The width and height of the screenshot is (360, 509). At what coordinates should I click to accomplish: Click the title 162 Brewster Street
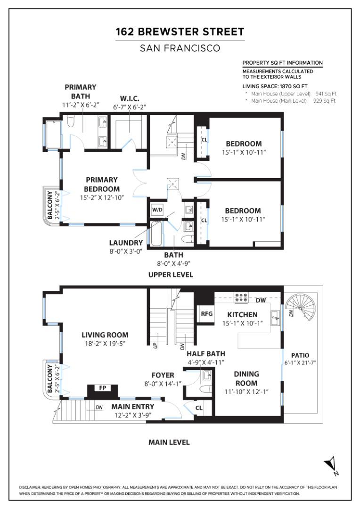[180, 32]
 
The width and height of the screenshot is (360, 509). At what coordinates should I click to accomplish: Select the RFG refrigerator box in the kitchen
[206, 313]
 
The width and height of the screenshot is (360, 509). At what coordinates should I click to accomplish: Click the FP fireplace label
[103, 387]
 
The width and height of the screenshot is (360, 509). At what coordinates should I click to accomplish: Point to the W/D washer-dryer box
[157, 210]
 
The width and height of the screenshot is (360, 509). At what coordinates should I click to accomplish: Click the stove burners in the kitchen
[241, 298]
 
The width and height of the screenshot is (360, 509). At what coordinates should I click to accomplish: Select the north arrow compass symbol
[331, 465]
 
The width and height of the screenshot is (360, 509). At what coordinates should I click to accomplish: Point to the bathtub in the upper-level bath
[156, 234]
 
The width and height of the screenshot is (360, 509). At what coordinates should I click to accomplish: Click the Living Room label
[105, 335]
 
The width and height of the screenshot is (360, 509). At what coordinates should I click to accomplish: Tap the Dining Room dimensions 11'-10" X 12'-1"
[247, 392]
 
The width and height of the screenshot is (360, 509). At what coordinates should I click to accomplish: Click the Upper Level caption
[171, 275]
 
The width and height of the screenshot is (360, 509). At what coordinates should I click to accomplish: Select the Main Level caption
[169, 442]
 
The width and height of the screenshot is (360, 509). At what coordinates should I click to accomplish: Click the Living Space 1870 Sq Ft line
[275, 86]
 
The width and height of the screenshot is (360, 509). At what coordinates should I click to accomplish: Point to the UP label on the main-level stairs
[155, 345]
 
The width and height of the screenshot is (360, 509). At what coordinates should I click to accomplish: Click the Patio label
[300, 355]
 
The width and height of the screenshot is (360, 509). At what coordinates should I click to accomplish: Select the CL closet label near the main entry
[199, 408]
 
